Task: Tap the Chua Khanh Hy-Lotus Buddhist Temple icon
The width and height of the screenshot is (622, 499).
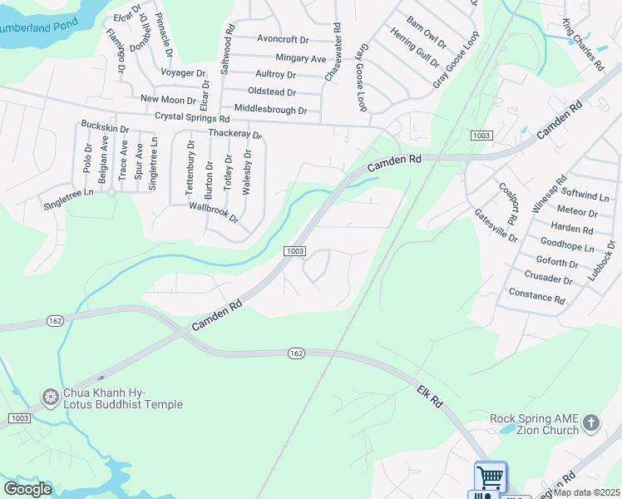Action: (x=51, y=398)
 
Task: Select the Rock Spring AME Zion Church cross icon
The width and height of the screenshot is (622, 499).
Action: (x=591, y=423)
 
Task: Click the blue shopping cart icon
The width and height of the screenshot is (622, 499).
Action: (x=491, y=477)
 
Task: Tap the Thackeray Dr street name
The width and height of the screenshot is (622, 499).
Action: (x=235, y=133)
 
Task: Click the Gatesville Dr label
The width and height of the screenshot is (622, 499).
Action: (x=496, y=225)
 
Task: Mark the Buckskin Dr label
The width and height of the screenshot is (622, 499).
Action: (x=105, y=128)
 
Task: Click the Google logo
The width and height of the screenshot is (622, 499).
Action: (x=27, y=489)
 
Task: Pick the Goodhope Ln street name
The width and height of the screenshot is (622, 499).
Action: (x=566, y=248)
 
